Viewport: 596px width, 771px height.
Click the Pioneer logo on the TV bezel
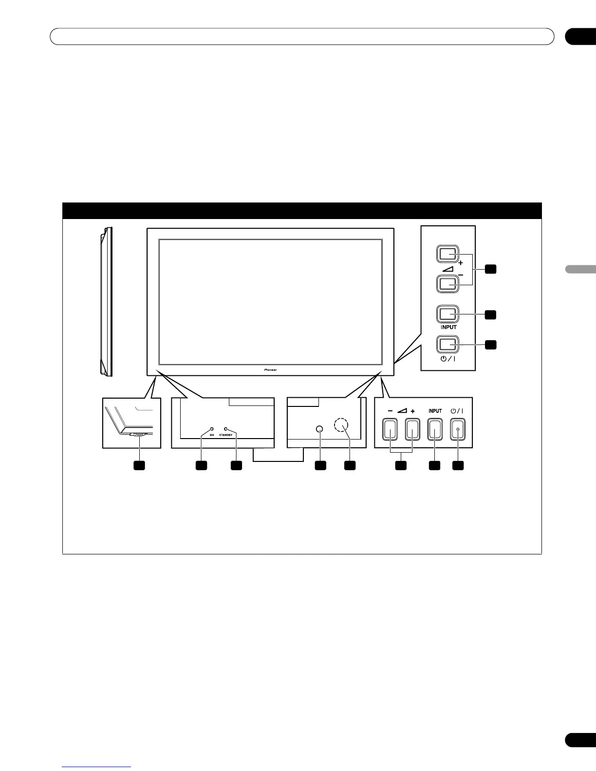click(x=270, y=369)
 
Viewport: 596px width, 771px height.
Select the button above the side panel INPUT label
click(x=447, y=314)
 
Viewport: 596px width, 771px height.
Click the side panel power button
click(x=447, y=344)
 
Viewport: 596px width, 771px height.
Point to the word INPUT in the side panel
click(x=448, y=328)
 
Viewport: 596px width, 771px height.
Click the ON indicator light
click(x=212, y=429)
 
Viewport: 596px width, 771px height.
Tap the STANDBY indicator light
click(x=225, y=429)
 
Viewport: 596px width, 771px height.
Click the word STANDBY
click(x=226, y=435)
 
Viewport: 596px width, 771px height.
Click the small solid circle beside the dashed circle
click(x=319, y=429)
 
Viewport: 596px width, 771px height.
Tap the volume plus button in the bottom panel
click(x=412, y=430)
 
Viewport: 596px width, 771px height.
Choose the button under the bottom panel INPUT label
click(x=435, y=430)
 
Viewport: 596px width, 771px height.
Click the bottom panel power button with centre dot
click(x=457, y=430)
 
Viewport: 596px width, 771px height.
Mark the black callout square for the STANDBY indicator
click(x=236, y=466)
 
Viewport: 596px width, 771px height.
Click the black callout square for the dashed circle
click(x=350, y=466)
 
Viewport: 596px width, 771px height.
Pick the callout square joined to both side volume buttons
click(x=491, y=269)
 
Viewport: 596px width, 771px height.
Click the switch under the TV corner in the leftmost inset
click(x=138, y=435)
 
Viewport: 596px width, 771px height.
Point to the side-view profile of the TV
click(x=106, y=302)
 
